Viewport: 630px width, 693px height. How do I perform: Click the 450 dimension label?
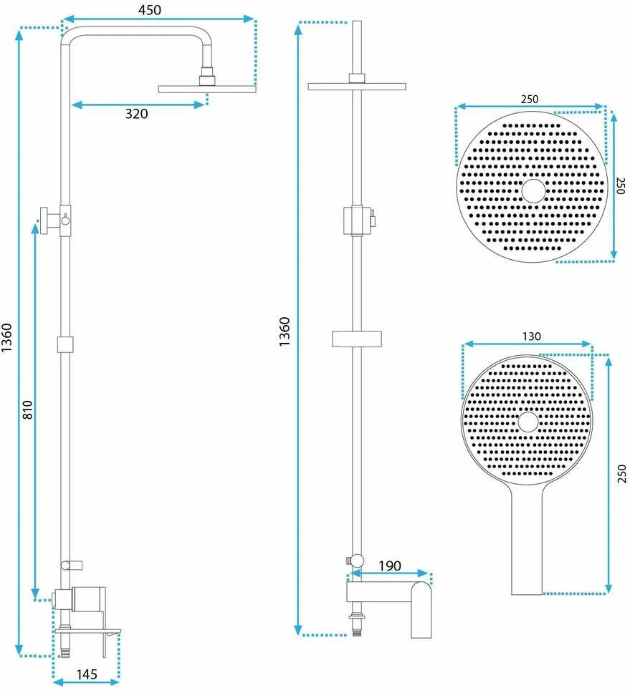tap(150, 10)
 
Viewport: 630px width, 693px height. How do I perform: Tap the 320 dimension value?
tap(136, 114)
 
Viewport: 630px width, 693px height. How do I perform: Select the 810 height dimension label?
tap(27, 409)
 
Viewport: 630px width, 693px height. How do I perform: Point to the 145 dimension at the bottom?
tap(87, 674)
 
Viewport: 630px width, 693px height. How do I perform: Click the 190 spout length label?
tap(390, 566)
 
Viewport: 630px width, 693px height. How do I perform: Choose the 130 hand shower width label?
tap(531, 336)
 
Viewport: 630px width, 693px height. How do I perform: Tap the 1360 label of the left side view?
tap(6, 338)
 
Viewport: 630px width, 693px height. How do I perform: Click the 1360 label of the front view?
tap(285, 331)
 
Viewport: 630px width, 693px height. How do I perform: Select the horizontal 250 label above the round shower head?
tap(530, 99)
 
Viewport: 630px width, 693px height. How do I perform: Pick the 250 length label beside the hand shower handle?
tap(621, 473)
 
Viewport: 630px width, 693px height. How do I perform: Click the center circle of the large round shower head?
tap(533, 191)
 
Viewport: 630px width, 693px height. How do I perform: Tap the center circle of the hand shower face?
tap(528, 422)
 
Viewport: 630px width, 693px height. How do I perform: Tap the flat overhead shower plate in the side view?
tap(207, 89)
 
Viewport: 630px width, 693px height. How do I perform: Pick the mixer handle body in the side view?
tap(88, 599)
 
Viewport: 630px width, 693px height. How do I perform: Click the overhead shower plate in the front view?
tap(357, 86)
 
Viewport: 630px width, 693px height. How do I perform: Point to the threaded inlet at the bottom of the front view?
tap(357, 626)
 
